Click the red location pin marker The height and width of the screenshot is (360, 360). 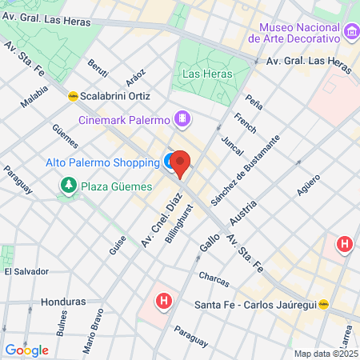click(x=180, y=164)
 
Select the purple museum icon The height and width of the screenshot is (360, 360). click(x=350, y=33)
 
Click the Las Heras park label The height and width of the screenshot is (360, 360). click(x=207, y=74)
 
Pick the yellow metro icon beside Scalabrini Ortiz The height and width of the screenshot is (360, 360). click(x=73, y=94)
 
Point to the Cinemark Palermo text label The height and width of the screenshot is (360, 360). click(x=124, y=121)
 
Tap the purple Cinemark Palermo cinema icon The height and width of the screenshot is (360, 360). click(x=184, y=120)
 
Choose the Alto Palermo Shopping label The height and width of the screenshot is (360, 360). click(x=102, y=162)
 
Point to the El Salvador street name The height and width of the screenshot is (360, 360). click(x=26, y=271)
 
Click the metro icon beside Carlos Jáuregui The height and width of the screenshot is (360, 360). click(x=324, y=304)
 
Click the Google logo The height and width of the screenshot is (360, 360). click(x=26, y=350)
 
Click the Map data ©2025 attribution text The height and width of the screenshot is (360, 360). click(x=325, y=354)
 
